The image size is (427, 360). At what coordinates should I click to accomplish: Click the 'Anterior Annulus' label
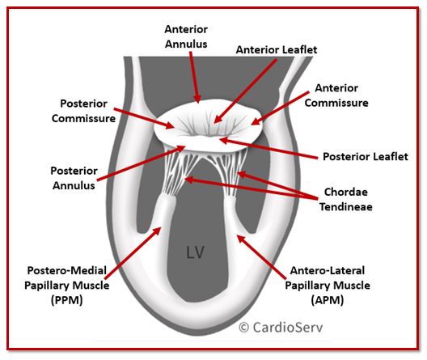pyautogui.click(x=186, y=36)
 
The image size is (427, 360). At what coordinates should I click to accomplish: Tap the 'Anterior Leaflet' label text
pyautogui.click(x=277, y=49)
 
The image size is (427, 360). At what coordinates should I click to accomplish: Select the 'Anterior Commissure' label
pyautogui.click(x=336, y=95)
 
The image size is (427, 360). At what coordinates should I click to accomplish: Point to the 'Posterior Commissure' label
pyautogui.click(x=83, y=111)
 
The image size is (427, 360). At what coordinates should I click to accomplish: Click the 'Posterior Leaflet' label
pyautogui.click(x=366, y=157)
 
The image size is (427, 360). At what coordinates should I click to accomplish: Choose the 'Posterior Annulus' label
pyautogui.click(x=74, y=178)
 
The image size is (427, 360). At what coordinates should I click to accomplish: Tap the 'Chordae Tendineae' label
pyautogui.click(x=346, y=199)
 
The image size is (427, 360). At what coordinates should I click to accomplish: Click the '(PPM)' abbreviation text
pyautogui.click(x=66, y=300)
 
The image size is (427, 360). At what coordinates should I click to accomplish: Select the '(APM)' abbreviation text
pyautogui.click(x=328, y=300)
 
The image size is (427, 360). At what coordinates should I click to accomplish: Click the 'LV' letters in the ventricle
pyautogui.click(x=195, y=252)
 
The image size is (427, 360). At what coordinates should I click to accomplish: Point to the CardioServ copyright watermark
pyautogui.click(x=281, y=327)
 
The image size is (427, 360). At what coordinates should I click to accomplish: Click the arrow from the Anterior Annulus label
pyautogui.click(x=194, y=77)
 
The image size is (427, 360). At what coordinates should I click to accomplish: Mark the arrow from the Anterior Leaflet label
pyautogui.click(x=245, y=91)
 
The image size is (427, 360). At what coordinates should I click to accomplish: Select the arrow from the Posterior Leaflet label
pyautogui.click(x=268, y=148)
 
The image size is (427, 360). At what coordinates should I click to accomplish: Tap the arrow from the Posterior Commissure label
pyautogui.click(x=144, y=118)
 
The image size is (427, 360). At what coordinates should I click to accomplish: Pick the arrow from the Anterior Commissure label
pyautogui.click(x=280, y=108)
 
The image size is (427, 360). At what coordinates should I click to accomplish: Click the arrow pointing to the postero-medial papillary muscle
pyautogui.click(x=133, y=253)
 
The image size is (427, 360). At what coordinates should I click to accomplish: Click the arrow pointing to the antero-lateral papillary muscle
pyautogui.click(x=262, y=256)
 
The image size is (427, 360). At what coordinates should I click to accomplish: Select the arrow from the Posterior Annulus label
pyautogui.click(x=141, y=163)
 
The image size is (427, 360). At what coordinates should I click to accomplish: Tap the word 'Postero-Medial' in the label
pyautogui.click(x=66, y=271)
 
